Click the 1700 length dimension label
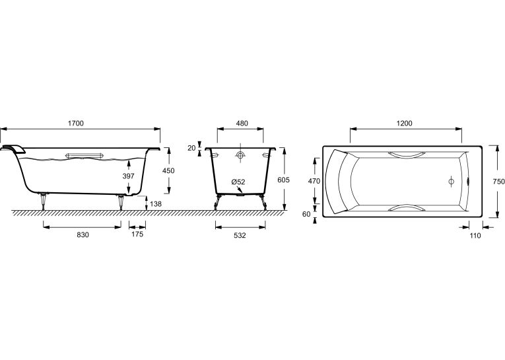[76, 123]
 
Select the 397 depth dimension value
[128, 176]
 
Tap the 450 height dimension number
[168, 170]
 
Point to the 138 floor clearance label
[156, 204]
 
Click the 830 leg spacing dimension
[83, 235]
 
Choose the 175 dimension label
[137, 234]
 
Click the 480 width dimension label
[242, 123]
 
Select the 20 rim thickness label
[191, 148]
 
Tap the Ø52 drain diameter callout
[238, 182]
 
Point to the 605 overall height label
[283, 180]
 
